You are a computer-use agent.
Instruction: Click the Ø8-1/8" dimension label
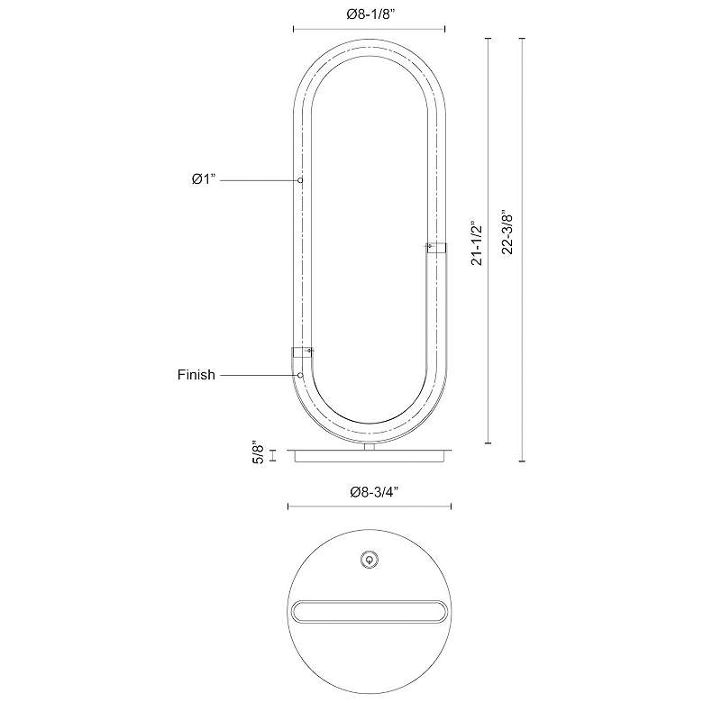coord(370,14)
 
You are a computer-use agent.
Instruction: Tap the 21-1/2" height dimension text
coord(478,243)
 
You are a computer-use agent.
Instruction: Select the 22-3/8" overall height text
coord(507,232)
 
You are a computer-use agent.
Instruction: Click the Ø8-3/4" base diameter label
coord(374,492)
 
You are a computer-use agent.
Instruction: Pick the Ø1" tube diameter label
coord(204,179)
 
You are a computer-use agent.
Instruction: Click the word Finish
coord(196,374)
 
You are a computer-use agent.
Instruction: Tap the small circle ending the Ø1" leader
coord(300,180)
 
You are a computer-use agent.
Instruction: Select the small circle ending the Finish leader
coord(300,375)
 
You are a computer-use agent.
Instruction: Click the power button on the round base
coord(369,560)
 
